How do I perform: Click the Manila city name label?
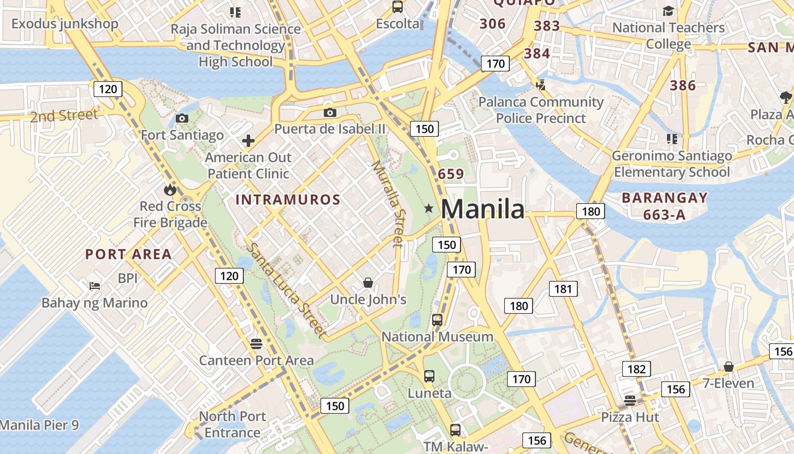tap(483, 209)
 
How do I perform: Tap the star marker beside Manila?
tap(429, 209)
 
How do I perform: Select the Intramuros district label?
tap(288, 200)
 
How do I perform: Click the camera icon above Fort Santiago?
tap(182, 118)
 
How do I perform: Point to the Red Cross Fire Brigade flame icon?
tap(170, 190)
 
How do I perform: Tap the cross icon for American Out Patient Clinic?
tap(248, 141)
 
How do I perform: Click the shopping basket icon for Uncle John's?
tap(368, 282)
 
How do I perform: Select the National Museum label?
tap(437, 337)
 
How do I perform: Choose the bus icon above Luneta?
tap(429, 376)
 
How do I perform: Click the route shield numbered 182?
tap(636, 369)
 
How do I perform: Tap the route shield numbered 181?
tap(563, 289)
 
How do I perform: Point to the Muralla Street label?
tap(389, 204)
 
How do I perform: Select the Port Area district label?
tap(129, 254)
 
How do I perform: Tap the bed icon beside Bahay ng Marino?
tap(95, 285)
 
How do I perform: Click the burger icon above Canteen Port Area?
tap(256, 343)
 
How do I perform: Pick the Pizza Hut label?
tap(630, 417)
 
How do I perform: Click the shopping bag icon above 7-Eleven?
tap(729, 367)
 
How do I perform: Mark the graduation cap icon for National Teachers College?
tap(669, 11)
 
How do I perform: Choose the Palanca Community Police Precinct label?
tap(540, 110)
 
